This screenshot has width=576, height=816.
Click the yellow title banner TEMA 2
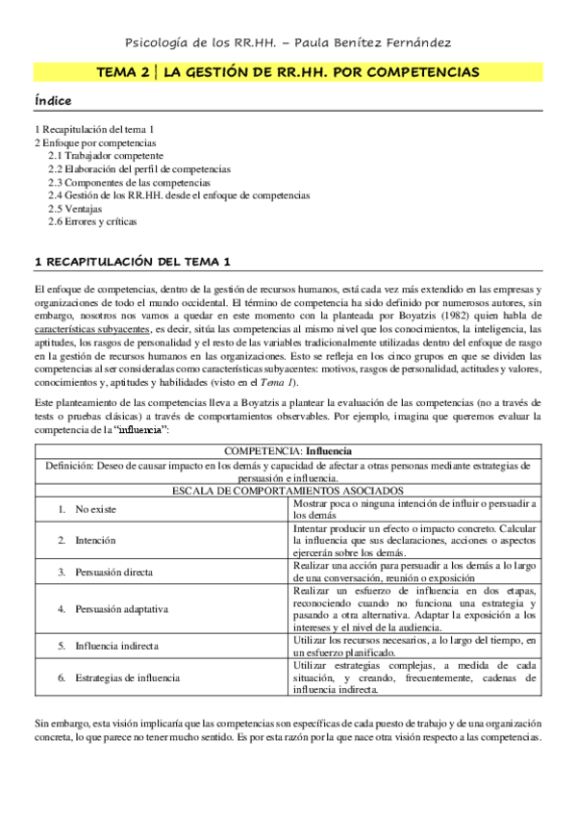[288, 72]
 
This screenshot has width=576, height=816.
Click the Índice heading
[52, 101]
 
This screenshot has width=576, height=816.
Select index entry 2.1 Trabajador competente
[106, 155]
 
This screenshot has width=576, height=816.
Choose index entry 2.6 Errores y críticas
[92, 221]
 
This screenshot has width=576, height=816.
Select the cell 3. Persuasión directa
[107, 573]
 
